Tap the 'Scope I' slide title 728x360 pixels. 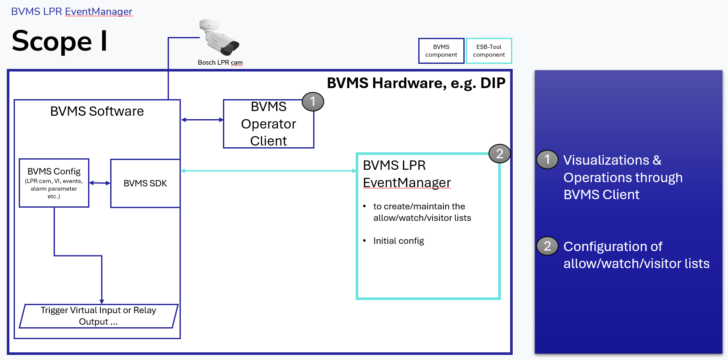60,41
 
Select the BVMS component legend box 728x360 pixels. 441,51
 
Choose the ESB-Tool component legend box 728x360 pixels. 489,51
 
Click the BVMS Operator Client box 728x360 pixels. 268,124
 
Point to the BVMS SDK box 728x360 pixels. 145,183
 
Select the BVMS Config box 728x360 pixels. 54,183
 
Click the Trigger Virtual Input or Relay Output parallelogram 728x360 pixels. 98,316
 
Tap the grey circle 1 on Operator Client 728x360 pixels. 313,102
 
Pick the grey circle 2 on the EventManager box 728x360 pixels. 500,154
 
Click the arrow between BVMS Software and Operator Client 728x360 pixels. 202,120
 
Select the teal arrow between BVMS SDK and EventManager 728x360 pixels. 268,171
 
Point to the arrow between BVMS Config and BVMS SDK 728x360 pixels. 100,183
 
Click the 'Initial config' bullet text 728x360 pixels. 398,241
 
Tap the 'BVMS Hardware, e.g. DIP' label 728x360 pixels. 416,83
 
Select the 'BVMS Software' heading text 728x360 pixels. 97,111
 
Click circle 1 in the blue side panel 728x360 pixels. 547,160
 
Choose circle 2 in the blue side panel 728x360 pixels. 547,246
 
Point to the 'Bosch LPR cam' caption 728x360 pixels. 220,63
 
